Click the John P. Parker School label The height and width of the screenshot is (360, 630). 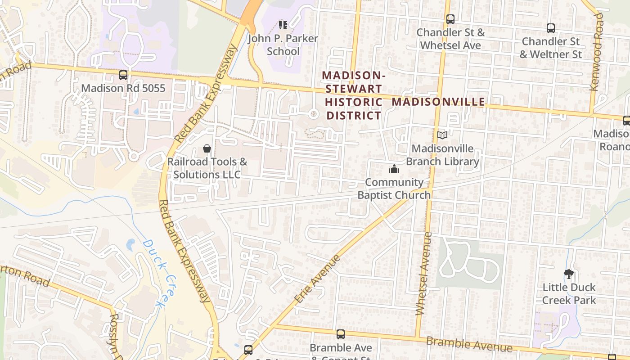[x=283, y=45]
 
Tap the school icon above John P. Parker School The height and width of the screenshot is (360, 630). [x=283, y=25]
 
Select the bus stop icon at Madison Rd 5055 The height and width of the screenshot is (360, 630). [x=123, y=75]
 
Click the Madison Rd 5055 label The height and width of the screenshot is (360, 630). [x=123, y=88]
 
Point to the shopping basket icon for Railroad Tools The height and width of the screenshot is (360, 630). [x=207, y=148]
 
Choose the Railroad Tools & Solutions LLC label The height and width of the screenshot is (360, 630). [x=207, y=168]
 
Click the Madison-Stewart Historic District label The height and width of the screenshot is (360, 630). [x=354, y=95]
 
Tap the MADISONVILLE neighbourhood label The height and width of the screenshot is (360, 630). [x=438, y=102]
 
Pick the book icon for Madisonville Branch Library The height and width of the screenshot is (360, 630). [x=442, y=135]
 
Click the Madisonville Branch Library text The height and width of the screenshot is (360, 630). [x=442, y=155]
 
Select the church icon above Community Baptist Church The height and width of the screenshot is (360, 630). [x=394, y=169]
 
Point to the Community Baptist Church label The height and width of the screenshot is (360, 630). [x=394, y=189]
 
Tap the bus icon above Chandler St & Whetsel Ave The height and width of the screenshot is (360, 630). [x=450, y=19]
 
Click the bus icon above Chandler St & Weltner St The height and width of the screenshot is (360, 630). [x=550, y=28]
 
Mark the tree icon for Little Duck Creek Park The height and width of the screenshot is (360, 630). [x=569, y=274]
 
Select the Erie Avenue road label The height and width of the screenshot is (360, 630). [x=317, y=279]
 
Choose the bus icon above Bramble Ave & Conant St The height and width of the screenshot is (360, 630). [x=341, y=334]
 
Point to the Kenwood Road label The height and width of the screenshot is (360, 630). [x=597, y=52]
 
